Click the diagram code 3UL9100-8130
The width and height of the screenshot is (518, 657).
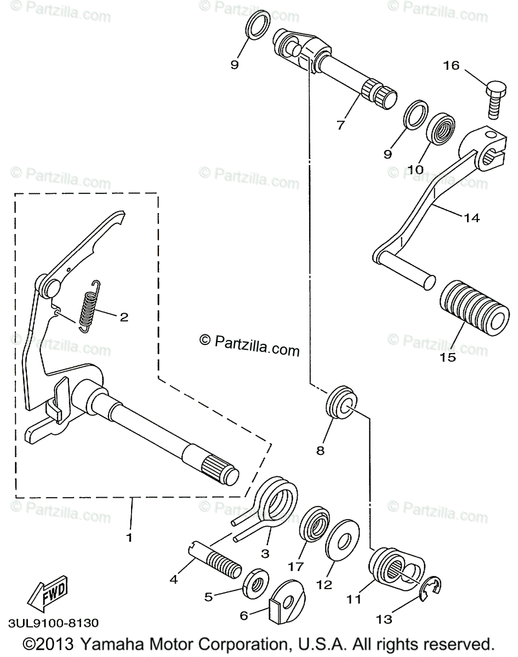pos(53,623)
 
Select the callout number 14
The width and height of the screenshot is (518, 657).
pos(471,217)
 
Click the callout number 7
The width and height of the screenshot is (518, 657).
pos(340,125)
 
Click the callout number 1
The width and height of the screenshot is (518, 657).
pos(129,538)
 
